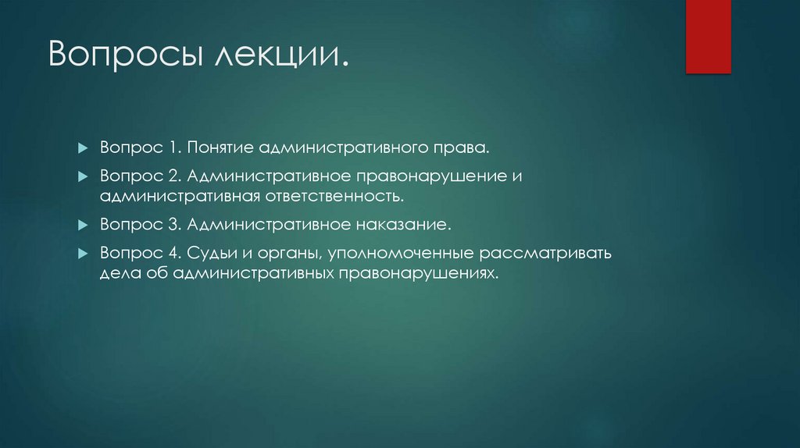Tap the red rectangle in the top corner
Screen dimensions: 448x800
click(708, 35)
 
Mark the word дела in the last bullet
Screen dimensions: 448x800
click(117, 274)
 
